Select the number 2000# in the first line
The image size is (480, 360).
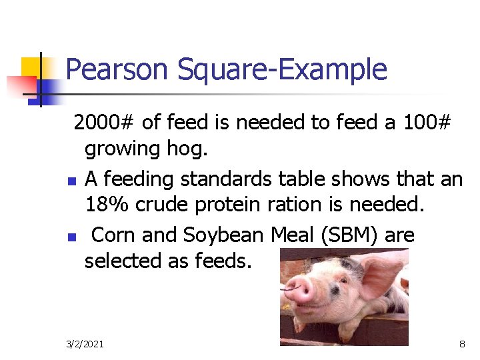point(105,123)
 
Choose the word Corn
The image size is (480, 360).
point(114,235)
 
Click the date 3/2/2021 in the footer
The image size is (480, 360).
point(85,344)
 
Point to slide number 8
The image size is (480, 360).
point(462,344)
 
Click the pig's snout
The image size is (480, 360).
point(299,290)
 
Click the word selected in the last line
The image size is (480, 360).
point(119,261)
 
